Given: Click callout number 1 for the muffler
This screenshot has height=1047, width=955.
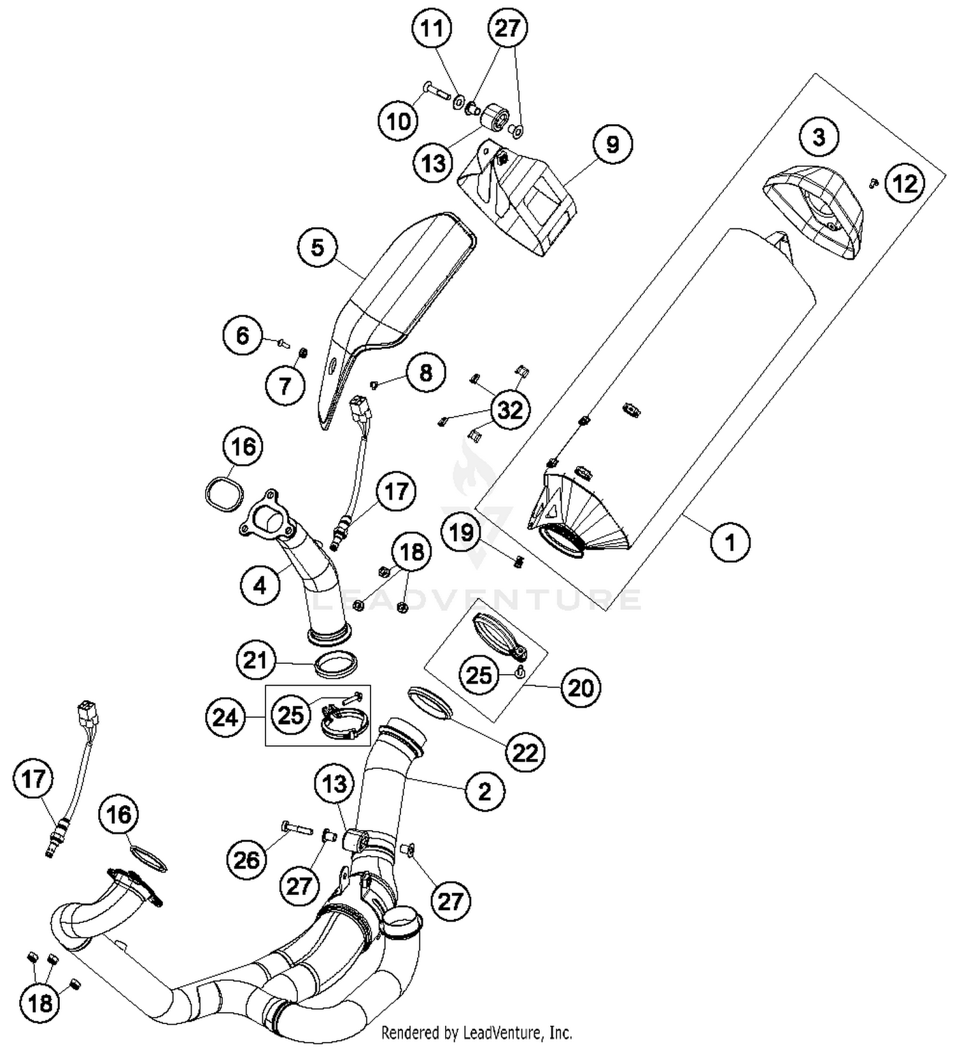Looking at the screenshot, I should (x=730, y=542).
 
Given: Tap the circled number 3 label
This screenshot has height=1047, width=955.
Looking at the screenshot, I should (x=819, y=137).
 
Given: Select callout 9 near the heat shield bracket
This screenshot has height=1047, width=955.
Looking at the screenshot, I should (x=612, y=144).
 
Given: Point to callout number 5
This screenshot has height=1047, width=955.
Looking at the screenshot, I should (x=318, y=248).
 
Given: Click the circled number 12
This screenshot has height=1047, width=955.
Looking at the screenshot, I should (x=905, y=184).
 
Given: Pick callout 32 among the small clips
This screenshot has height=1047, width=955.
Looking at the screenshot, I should (x=510, y=410).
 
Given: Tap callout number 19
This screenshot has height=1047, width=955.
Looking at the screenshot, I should (x=462, y=531).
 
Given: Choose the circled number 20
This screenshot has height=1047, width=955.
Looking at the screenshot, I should (x=580, y=687).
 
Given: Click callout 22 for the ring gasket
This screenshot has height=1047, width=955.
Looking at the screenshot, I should (x=525, y=753).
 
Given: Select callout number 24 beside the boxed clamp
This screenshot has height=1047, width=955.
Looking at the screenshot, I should (x=225, y=718).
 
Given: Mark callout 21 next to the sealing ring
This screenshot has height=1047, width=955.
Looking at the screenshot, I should (x=255, y=660).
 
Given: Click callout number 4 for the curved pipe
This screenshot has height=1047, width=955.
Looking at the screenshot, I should (x=260, y=585).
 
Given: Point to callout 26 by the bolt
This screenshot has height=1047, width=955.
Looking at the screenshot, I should (x=247, y=860).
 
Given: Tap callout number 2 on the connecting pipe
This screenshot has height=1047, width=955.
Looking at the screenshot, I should (x=485, y=791).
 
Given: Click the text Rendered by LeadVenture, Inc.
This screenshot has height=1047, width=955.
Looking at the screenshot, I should (x=476, y=1032).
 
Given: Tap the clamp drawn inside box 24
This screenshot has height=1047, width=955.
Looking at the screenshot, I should (x=344, y=724).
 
